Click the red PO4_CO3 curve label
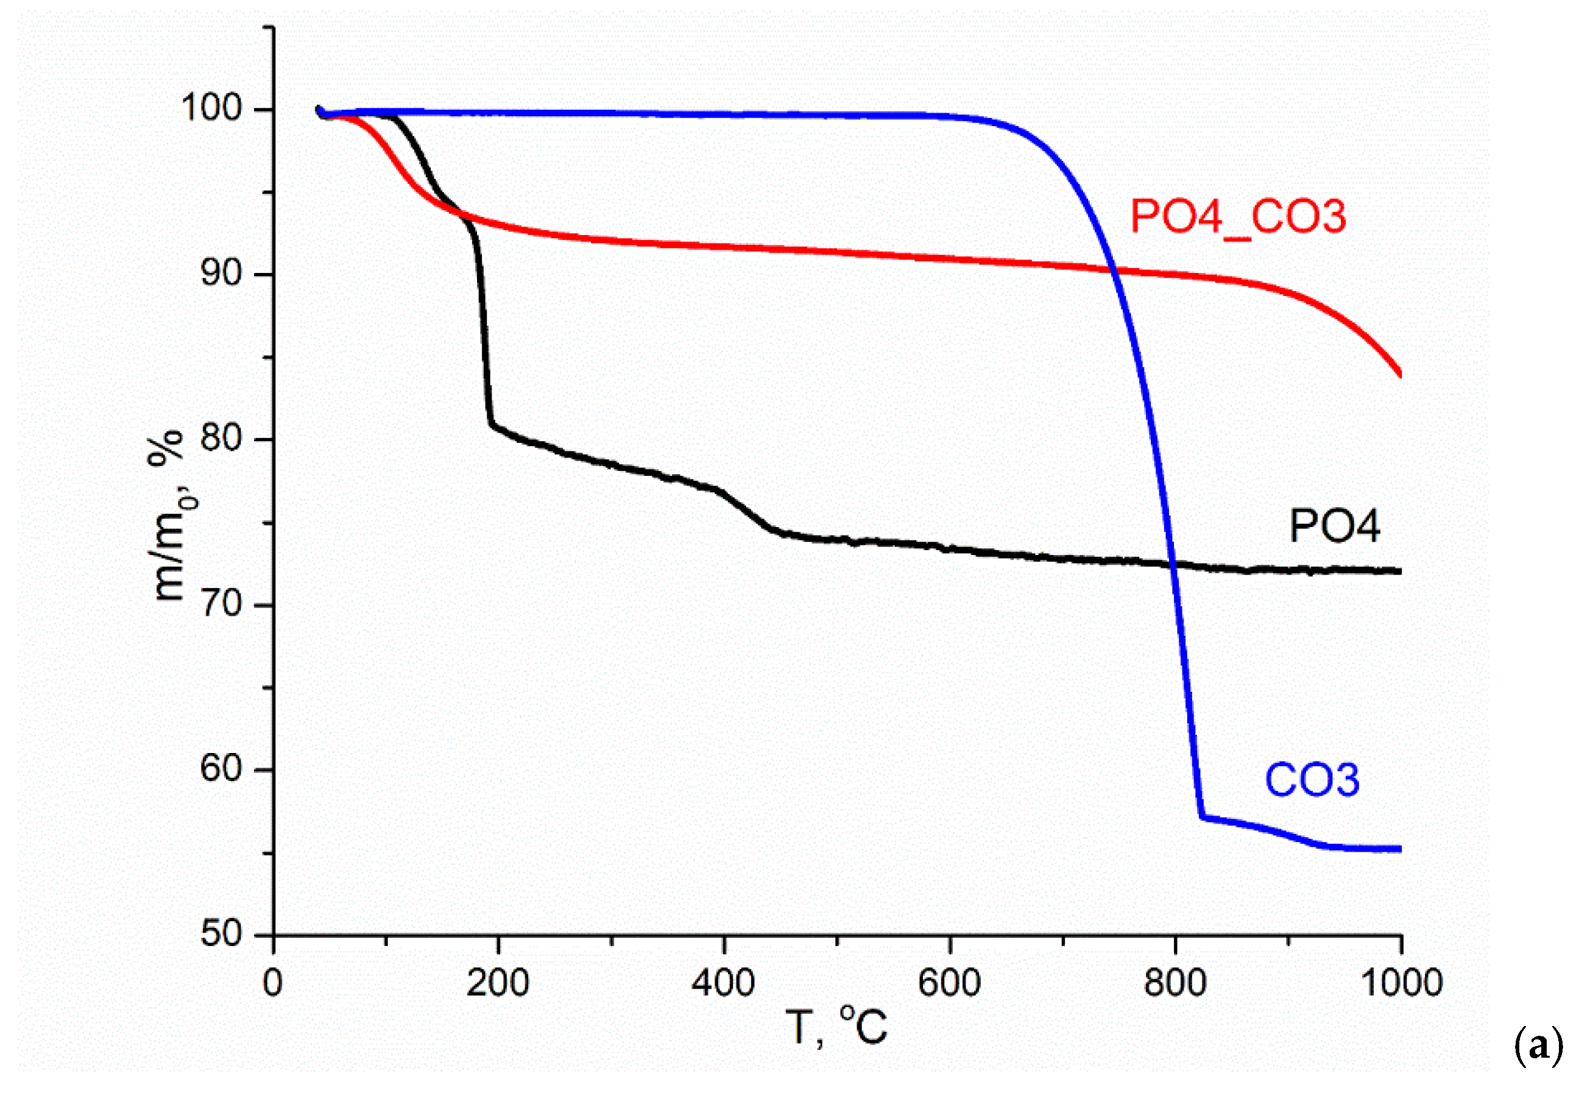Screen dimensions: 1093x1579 [1238, 217]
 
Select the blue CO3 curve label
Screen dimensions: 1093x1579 [1312, 780]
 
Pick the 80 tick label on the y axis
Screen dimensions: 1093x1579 [221, 438]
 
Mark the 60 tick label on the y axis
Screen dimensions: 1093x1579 [221, 769]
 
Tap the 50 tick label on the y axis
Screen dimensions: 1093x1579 [221, 934]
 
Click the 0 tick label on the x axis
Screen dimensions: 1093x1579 [272, 984]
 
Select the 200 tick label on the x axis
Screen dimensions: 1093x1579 [498, 984]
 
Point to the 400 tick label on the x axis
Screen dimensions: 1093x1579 [723, 984]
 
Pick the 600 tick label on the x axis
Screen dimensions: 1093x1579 [949, 984]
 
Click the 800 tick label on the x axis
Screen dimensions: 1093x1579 [1175, 984]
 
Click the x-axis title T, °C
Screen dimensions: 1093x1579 [836, 1028]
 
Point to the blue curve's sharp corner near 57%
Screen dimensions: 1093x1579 [1202, 816]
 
